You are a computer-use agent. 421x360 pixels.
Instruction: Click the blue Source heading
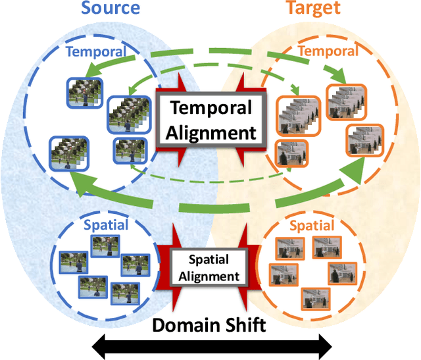[111, 8]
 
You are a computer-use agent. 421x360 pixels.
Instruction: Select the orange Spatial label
[311, 226]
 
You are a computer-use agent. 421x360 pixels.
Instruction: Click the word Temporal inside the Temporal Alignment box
[210, 107]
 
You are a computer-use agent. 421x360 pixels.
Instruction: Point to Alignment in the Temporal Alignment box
[210, 132]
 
